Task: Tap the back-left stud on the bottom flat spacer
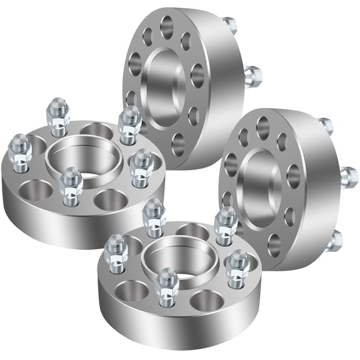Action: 153,216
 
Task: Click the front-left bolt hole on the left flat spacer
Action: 36,190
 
